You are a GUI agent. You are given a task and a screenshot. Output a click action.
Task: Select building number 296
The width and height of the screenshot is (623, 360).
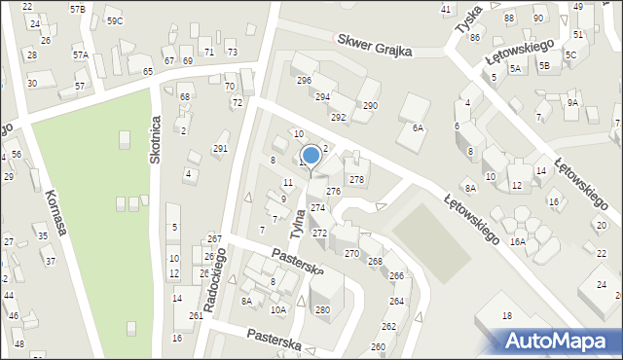(304, 81)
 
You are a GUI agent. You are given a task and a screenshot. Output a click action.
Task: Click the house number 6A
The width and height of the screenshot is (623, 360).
(419, 127)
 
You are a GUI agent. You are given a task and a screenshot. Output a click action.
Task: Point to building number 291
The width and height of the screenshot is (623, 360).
(221, 149)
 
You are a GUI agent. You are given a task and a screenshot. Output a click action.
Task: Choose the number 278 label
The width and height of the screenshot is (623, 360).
(357, 180)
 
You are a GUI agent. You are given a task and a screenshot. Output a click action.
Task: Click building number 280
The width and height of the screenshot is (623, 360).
(322, 310)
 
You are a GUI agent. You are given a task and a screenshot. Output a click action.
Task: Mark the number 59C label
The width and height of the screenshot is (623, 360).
(115, 20)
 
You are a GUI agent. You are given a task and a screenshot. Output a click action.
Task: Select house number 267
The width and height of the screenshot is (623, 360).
(214, 239)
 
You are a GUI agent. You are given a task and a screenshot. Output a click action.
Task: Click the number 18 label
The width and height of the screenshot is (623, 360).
(506, 316)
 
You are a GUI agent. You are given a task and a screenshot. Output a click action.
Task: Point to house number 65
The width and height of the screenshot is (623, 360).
(148, 72)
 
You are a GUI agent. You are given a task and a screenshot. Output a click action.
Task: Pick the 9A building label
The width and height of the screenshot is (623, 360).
(572, 102)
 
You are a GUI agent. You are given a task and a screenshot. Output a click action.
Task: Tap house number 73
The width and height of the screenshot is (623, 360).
(232, 52)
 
